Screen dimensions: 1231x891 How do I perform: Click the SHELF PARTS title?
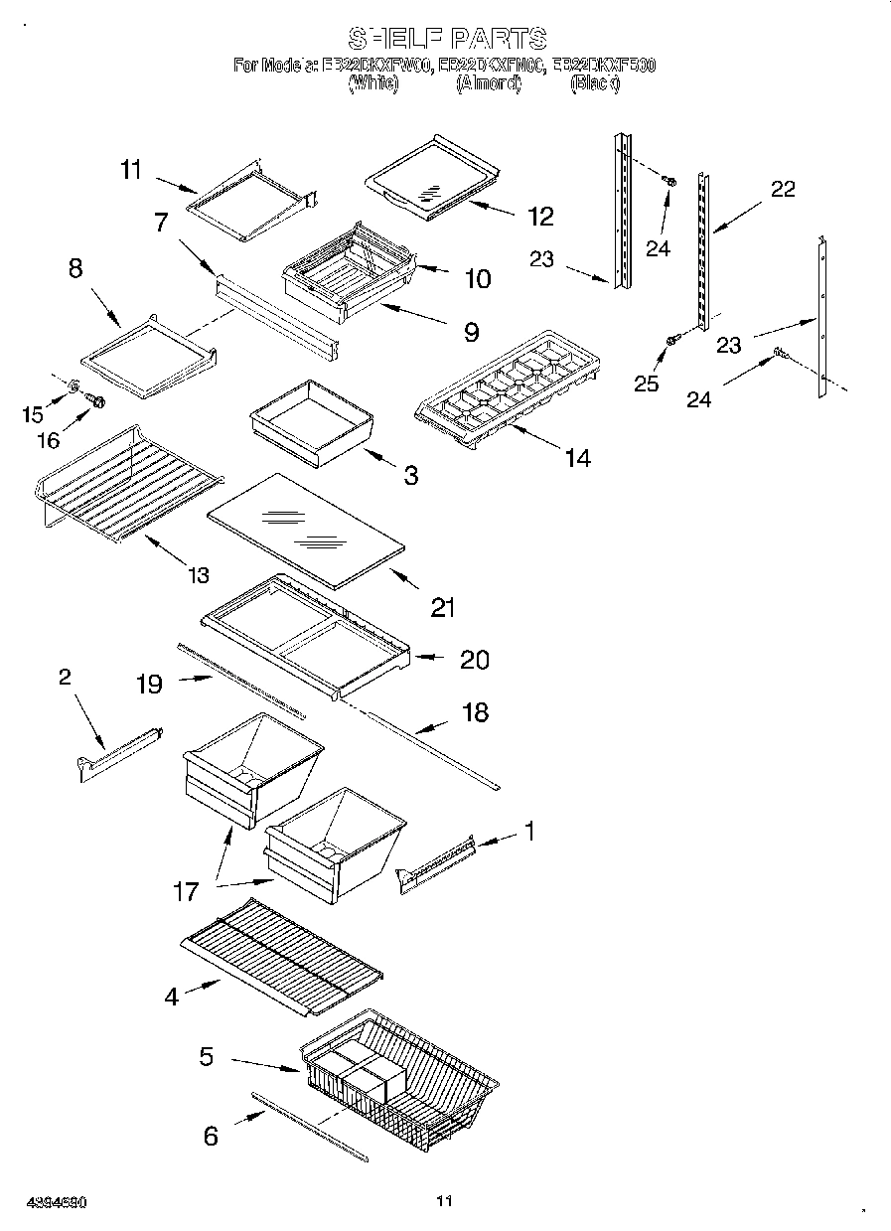click(x=446, y=39)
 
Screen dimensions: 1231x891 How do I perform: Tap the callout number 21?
click(x=443, y=607)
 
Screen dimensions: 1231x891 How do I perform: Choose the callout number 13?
click(x=199, y=574)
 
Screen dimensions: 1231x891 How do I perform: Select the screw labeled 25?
click(x=671, y=341)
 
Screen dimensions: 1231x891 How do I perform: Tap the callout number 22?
click(x=783, y=189)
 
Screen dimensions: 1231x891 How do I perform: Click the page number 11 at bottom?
click(x=444, y=1201)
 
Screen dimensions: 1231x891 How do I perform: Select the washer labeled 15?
click(x=76, y=384)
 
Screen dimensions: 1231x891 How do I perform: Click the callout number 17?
click(x=186, y=890)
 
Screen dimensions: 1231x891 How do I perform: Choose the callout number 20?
click(x=475, y=660)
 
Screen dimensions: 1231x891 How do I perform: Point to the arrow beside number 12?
click(x=487, y=208)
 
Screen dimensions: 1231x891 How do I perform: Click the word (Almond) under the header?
click(x=488, y=85)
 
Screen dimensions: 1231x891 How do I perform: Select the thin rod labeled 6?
click(x=308, y=1126)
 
